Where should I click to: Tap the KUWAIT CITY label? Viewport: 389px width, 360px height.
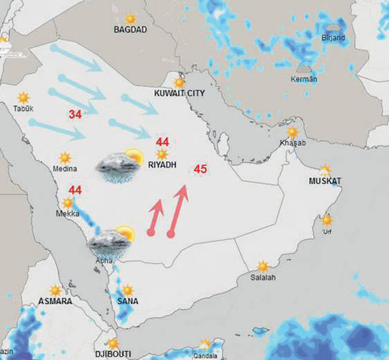179,92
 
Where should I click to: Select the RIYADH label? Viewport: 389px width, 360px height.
162,165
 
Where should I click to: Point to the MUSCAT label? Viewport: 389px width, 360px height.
325,181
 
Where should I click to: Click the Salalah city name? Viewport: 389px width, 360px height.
263,277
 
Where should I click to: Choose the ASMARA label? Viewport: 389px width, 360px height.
55,301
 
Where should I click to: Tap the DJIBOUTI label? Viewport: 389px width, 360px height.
113,355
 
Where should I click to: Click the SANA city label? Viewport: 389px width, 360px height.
128,301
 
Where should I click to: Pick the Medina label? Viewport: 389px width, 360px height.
65,168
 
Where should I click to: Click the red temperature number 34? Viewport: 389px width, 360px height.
75,115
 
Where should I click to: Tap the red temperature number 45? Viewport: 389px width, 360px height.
201,168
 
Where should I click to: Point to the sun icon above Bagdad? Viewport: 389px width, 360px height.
130,18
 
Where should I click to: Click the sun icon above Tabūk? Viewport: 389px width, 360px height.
24,97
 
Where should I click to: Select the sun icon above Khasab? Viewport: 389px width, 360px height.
292,132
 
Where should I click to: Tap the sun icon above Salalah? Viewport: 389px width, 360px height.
263,266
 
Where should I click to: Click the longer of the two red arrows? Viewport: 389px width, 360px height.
178,211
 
